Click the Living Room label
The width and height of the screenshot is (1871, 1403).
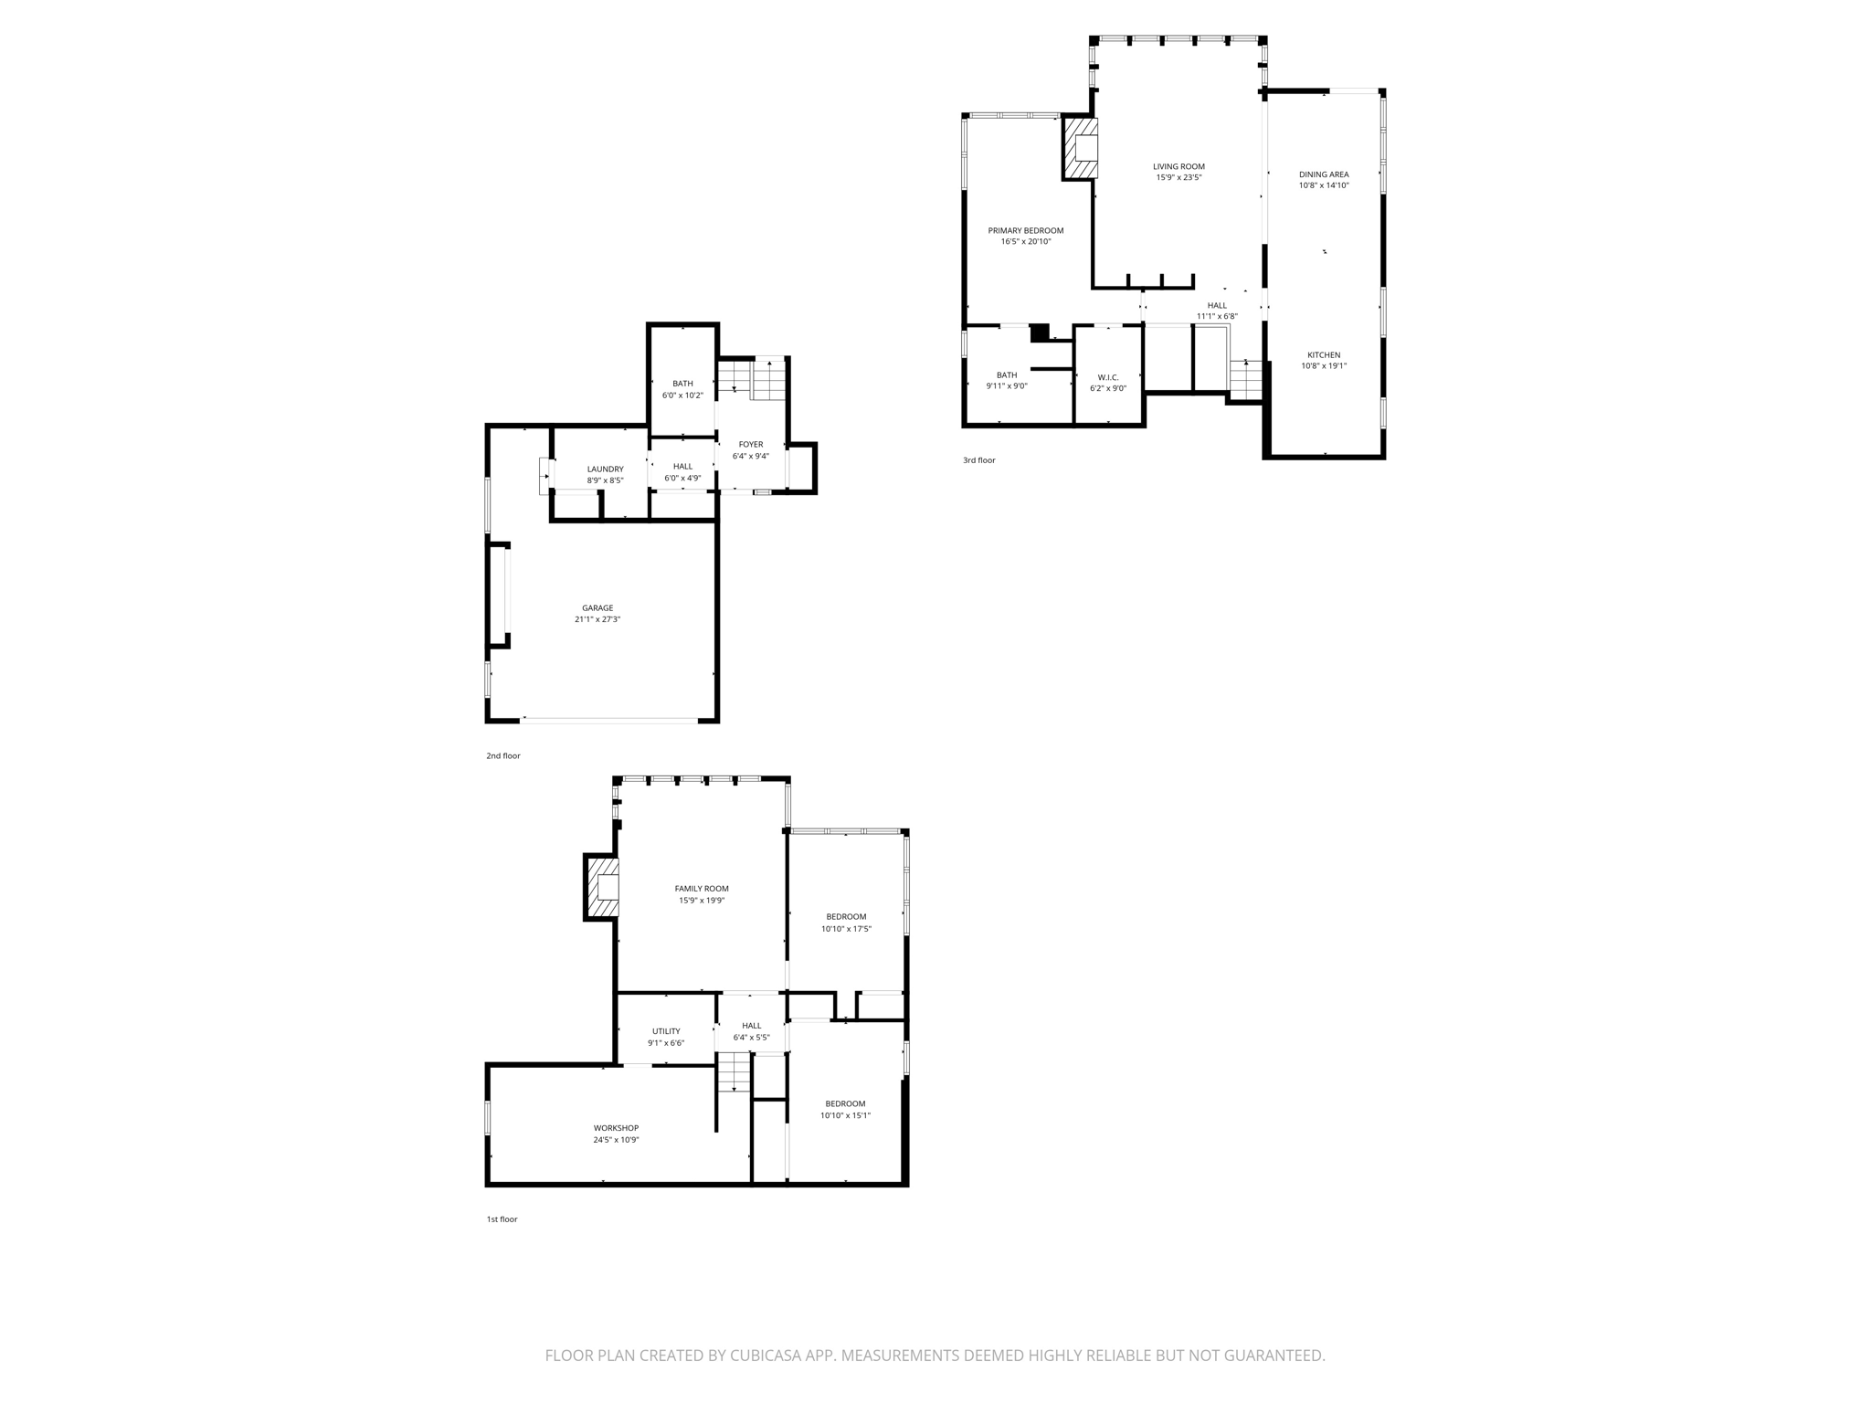click(x=1179, y=166)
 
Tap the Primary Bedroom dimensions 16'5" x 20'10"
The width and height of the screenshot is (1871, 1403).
click(x=1026, y=242)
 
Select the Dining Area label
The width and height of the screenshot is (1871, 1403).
click(x=1324, y=174)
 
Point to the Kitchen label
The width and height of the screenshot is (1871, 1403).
click(x=1324, y=354)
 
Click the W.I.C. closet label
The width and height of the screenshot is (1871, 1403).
click(x=1108, y=377)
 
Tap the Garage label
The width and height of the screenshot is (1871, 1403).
click(x=597, y=607)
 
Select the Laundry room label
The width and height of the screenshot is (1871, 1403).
click(x=605, y=469)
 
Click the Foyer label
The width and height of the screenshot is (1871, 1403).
click(x=750, y=444)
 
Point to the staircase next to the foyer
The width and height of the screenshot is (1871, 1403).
click(x=753, y=379)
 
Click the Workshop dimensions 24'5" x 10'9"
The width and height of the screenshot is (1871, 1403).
click(x=616, y=1140)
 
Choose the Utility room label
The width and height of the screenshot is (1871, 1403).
click(x=666, y=1031)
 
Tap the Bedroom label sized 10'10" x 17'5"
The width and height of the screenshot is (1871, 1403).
click(x=846, y=916)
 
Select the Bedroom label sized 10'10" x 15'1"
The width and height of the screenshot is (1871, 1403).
click(x=845, y=1103)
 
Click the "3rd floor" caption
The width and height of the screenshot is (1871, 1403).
click(x=978, y=460)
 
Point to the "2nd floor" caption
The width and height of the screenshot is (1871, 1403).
click(x=502, y=756)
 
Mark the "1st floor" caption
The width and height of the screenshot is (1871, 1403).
click(x=502, y=1219)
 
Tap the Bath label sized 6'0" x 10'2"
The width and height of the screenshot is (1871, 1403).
click(x=682, y=384)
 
